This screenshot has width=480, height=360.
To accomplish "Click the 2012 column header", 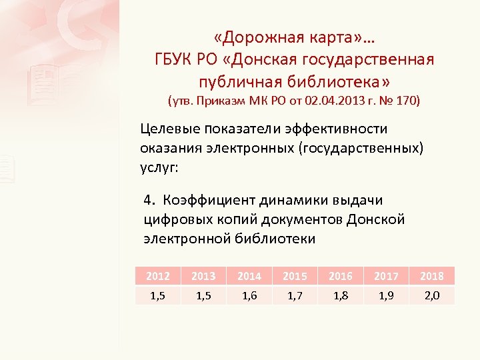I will tap(158, 276).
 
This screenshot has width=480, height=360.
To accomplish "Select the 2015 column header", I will tap(295, 276).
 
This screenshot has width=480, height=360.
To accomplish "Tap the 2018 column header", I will tap(432, 276).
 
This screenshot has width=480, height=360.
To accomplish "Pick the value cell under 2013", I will tap(204, 295).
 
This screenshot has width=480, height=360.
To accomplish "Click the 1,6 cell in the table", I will tap(249, 295).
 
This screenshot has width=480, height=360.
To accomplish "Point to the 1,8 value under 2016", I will tap(341, 295).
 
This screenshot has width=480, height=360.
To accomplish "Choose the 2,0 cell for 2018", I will tap(432, 295).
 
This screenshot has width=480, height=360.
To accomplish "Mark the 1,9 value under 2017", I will tap(386, 295).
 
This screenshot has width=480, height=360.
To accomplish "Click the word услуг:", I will tap(159, 166).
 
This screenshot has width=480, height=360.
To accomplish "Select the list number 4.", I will tap(149, 201).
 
